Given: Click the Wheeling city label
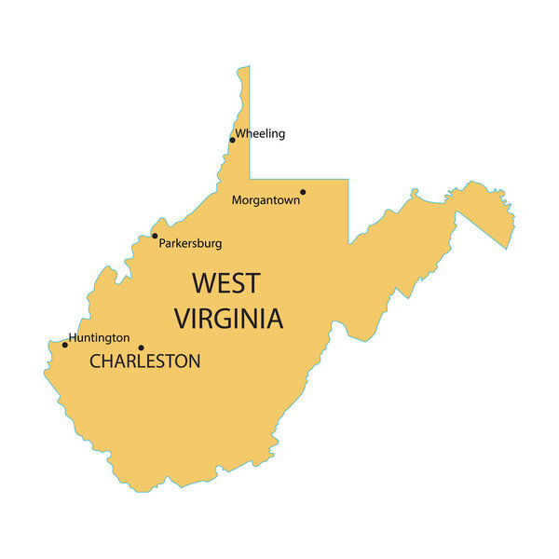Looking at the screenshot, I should (x=260, y=133).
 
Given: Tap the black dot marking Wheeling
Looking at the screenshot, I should (x=232, y=141).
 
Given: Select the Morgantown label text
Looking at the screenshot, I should (x=266, y=199).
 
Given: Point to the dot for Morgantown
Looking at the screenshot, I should (x=303, y=192).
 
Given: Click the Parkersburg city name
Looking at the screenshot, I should (x=190, y=243).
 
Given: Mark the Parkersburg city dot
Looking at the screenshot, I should (x=155, y=236).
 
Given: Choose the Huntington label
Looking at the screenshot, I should (x=100, y=338).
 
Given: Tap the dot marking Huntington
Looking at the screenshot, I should (x=64, y=345).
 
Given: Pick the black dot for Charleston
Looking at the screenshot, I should (x=141, y=348).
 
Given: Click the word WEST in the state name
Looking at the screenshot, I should (x=226, y=282).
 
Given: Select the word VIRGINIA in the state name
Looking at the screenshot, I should (x=228, y=319).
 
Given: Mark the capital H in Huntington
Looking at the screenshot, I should (x=74, y=338).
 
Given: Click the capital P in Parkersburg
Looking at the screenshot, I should (x=163, y=243).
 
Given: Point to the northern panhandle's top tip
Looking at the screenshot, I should (x=244, y=67).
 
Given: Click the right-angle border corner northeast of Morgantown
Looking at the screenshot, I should (x=349, y=179).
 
